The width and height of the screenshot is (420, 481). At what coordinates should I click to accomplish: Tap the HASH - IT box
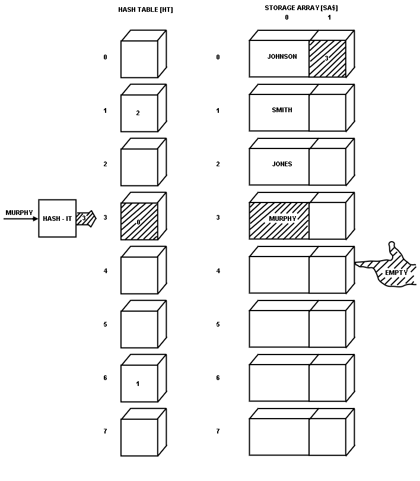click(57, 219)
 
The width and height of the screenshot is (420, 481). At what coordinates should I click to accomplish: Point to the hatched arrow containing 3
click(85, 218)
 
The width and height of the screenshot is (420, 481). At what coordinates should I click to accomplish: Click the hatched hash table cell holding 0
click(139, 221)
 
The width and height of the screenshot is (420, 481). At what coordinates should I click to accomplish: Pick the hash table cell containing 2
click(139, 113)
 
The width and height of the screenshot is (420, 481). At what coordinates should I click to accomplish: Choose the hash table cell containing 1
click(139, 384)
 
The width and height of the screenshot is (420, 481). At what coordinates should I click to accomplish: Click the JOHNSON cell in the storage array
click(279, 58)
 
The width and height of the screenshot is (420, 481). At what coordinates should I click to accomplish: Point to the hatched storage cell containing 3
click(327, 58)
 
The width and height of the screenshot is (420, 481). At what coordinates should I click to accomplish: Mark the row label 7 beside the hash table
click(106, 431)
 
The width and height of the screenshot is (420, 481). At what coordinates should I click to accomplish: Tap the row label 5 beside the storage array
click(218, 324)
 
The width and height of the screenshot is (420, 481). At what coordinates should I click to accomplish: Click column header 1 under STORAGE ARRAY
click(329, 18)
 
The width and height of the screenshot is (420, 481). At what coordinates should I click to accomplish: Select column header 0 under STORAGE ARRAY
click(287, 18)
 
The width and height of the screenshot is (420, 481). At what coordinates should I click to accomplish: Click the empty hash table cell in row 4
click(139, 275)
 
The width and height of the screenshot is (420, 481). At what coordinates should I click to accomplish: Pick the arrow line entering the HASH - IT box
click(21, 219)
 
